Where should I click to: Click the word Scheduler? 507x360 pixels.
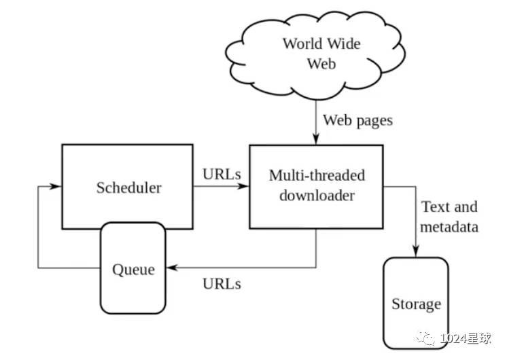128,187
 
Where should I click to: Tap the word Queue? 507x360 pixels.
133,270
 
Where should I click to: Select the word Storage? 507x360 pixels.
416,304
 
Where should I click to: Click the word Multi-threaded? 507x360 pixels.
317,175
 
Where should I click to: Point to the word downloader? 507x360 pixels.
317,196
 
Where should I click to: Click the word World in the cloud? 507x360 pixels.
303,44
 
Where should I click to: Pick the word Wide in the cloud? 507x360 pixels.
344,44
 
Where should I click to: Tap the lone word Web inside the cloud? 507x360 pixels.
321,64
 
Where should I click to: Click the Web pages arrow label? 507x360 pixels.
357,121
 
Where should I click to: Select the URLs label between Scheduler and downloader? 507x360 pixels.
222,174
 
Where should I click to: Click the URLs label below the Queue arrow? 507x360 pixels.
222,284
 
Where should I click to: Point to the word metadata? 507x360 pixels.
449,227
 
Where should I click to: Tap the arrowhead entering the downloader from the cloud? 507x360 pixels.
316,139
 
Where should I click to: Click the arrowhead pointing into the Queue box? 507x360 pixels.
172,268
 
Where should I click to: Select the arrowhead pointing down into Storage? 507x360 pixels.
416,251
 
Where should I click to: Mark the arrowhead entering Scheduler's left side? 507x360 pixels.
54,186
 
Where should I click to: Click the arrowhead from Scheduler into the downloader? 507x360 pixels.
243,186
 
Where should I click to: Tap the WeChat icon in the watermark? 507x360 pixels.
426,338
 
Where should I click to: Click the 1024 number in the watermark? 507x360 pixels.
453,338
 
